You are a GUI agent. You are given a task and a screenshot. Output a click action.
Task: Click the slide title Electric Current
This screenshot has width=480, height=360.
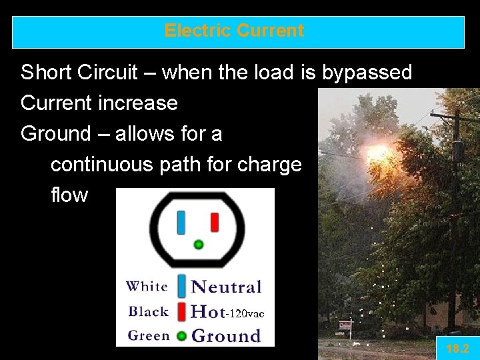click(x=234, y=31)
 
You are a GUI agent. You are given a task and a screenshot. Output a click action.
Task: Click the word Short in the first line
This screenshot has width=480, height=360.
click(x=45, y=72)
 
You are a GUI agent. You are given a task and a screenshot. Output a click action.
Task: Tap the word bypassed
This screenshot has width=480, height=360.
click(x=367, y=72)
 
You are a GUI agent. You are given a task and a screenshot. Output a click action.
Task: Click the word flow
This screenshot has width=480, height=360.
click(x=69, y=195)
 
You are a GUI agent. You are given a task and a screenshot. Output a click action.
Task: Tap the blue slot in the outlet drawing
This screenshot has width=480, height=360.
click(x=181, y=223)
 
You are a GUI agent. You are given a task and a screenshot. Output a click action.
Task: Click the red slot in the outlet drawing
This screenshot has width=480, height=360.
click(x=215, y=222)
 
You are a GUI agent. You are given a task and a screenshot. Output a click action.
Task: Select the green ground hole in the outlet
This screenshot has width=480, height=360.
click(x=198, y=245)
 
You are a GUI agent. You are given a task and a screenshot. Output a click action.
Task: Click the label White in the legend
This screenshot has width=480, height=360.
click(x=147, y=287)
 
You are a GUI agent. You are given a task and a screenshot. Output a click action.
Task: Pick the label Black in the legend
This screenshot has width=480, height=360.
click(x=148, y=311)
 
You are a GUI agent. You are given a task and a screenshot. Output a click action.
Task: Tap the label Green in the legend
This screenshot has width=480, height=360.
click(x=148, y=335)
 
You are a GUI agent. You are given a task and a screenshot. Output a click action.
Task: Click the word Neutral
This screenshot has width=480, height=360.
click(x=226, y=287)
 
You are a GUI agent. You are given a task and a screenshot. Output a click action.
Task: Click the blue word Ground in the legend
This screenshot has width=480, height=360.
click(x=226, y=335)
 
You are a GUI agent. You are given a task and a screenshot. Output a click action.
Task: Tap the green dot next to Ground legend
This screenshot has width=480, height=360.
click(x=181, y=336)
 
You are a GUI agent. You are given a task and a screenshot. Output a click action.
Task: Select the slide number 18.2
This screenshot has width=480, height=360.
click(x=457, y=349)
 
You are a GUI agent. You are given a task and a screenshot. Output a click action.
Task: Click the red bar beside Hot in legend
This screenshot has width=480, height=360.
click(x=181, y=311)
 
